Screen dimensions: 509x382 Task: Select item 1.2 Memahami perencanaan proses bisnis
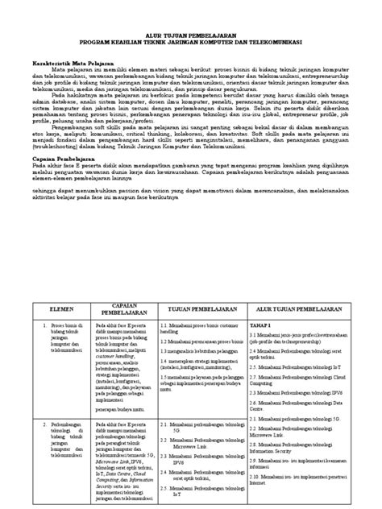(x=205, y=341)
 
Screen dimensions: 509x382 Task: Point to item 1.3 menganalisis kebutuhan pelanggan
(x=205, y=352)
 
